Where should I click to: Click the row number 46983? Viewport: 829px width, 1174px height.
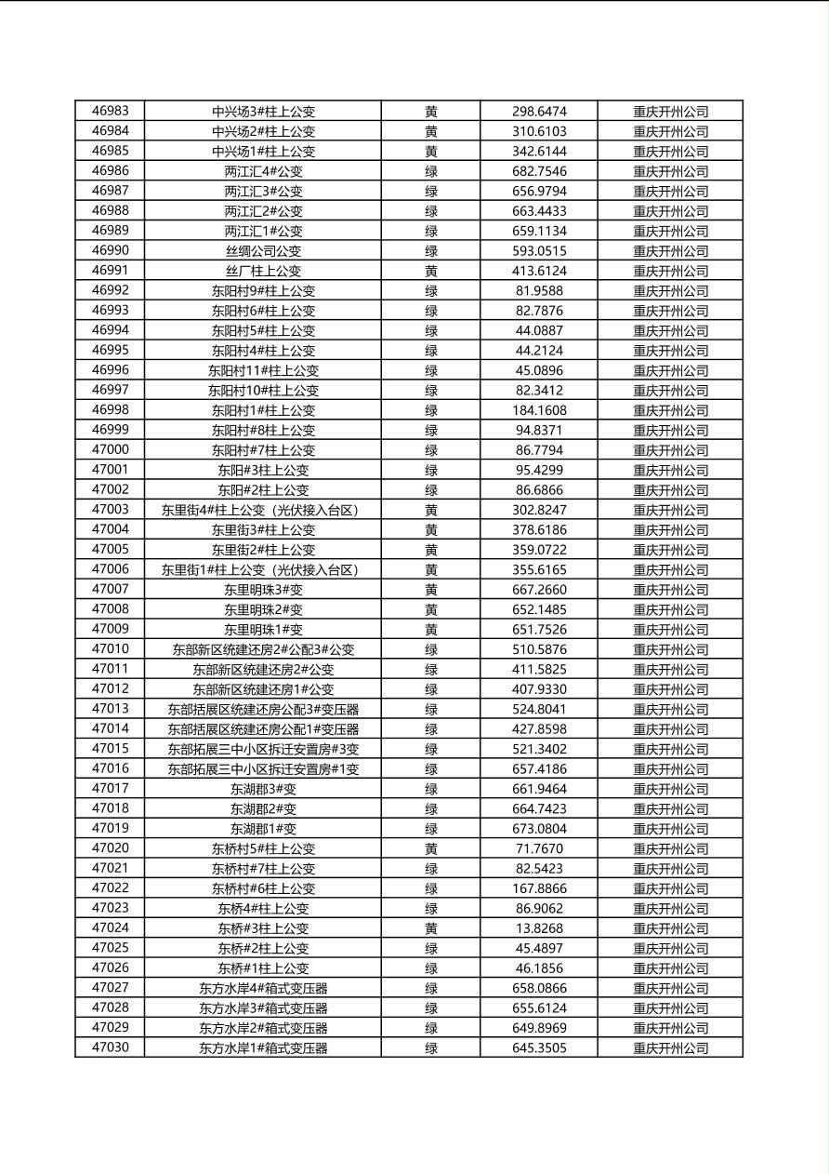pos(111,111)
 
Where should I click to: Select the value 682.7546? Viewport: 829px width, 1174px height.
pos(539,171)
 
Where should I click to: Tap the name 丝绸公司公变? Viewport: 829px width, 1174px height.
pos(263,251)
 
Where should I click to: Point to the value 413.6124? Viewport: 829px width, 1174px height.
pos(539,271)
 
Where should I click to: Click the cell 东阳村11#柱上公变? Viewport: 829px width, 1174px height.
pos(263,370)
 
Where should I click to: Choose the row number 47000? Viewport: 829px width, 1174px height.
pos(111,449)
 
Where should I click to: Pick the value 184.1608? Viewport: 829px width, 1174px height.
pos(539,410)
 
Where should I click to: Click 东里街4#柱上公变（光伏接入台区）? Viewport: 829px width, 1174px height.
pos(263,510)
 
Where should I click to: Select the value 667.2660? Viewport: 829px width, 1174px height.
pos(539,590)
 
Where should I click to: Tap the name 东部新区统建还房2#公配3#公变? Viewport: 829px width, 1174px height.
pos(263,649)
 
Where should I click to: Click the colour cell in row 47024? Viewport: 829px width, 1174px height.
pos(431,928)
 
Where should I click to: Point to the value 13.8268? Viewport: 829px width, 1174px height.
pos(539,928)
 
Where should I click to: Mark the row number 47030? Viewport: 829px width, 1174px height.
pos(111,1047)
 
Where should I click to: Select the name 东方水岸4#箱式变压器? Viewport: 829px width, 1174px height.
pos(263,988)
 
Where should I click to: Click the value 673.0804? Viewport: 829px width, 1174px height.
pos(539,829)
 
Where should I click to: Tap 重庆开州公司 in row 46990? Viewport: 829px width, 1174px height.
pos(670,251)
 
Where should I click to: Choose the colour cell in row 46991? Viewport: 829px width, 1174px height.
pos(431,271)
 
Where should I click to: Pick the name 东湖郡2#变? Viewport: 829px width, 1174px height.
pos(263,808)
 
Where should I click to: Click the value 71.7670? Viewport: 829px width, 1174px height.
pos(539,848)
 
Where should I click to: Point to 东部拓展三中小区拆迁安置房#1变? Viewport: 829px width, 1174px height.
pos(263,769)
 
